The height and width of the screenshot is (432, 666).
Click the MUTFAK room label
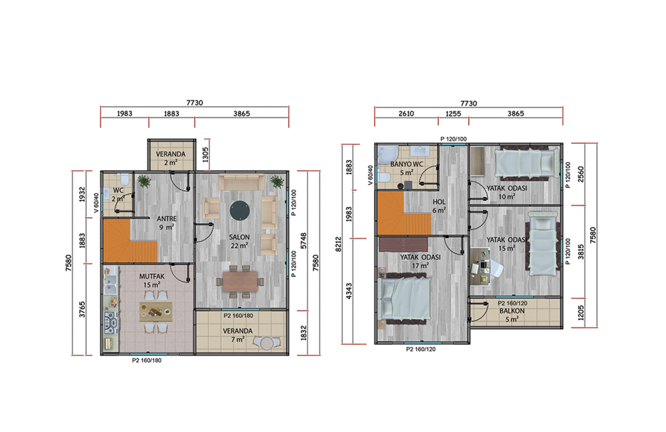tap(152, 277)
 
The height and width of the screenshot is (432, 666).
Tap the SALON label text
tap(240, 237)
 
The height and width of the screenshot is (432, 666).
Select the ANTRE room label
tap(167, 219)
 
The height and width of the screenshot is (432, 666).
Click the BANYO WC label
tap(406, 164)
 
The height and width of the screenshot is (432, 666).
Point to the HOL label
tap(439, 202)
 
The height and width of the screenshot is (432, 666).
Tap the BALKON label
tap(512, 311)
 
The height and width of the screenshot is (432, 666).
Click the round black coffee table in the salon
tap(240, 211)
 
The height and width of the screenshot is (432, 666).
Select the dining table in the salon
tap(240, 282)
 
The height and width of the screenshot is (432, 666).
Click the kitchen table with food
tap(156, 312)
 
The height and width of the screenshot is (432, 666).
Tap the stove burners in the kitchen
tap(111, 322)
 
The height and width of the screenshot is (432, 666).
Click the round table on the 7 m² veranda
tap(267, 343)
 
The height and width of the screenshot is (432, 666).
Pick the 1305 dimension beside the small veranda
tap(206, 155)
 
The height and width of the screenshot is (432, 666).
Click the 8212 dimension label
tap(339, 244)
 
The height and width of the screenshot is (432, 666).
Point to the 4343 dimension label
tap(349, 291)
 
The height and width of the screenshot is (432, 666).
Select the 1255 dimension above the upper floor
tap(453, 113)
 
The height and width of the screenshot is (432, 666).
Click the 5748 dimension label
tap(304, 241)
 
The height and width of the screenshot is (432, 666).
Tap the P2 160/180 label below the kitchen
tap(147, 361)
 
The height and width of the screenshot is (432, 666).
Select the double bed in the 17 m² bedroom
tap(406, 298)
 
